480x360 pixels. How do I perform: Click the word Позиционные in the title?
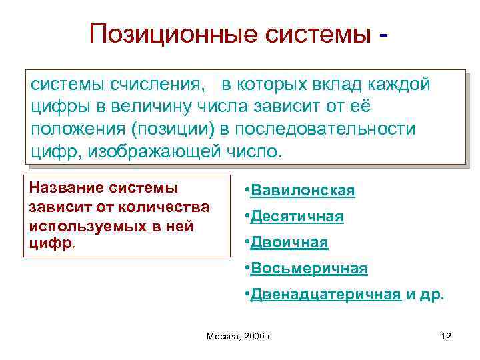167,33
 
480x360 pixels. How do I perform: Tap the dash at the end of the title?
383,34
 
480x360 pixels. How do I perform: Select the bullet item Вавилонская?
303,191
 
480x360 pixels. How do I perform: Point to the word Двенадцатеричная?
325,295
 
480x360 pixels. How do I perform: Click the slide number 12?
446,336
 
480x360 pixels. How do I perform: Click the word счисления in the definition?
157,85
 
